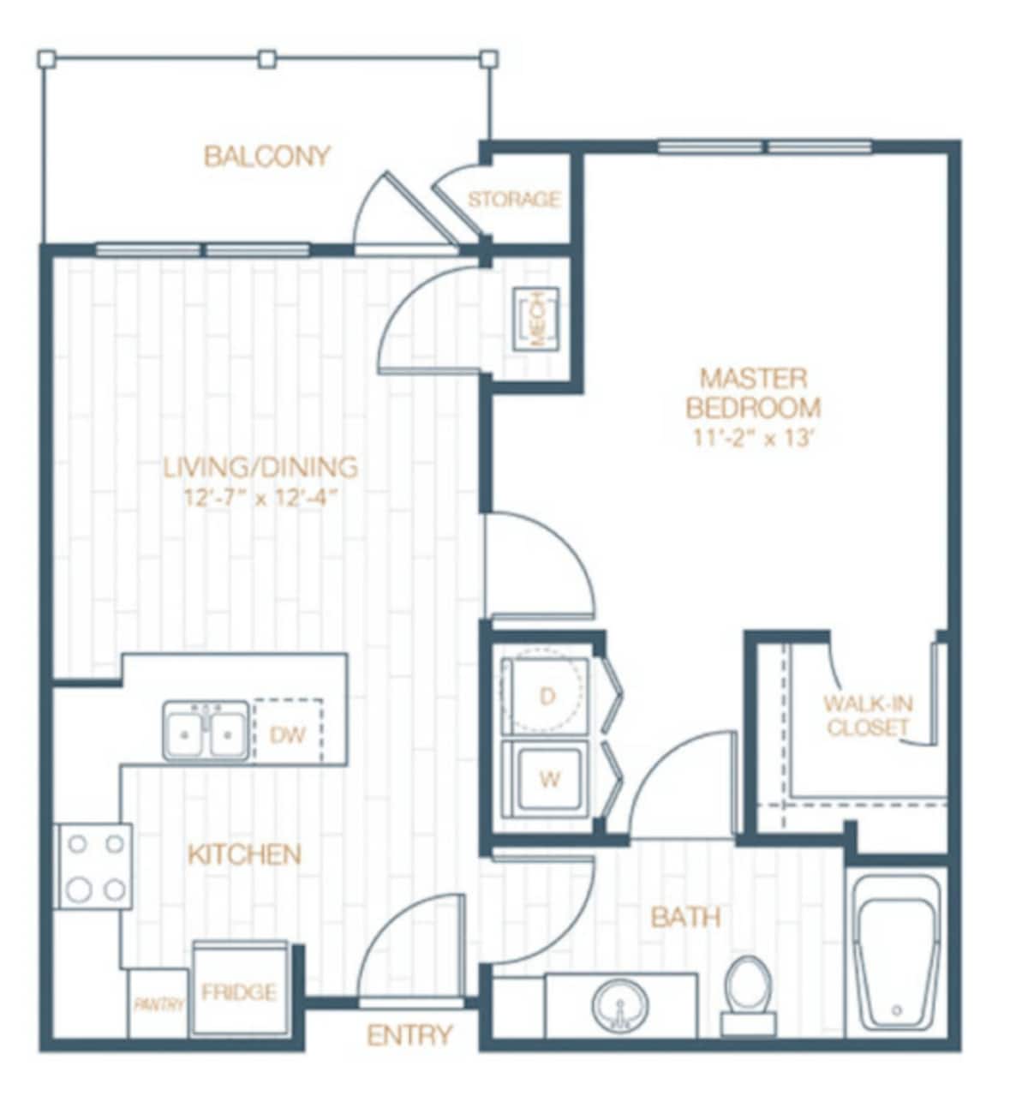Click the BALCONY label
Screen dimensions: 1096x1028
tap(266, 157)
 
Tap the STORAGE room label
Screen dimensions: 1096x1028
tap(514, 200)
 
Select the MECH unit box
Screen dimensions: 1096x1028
tap(536, 319)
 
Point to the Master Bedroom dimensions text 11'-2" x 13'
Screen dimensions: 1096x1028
tap(753, 438)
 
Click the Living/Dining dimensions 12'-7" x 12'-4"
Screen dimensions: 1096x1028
tap(258, 497)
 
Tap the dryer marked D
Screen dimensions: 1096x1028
tap(547, 696)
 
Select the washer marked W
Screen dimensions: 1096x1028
tap(548, 780)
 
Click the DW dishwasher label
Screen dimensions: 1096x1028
tap(288, 734)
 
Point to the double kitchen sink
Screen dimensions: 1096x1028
tap(206, 731)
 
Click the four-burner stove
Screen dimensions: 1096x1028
tap(94, 866)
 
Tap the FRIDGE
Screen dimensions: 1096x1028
tap(239, 991)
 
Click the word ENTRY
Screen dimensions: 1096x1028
tap(409, 1035)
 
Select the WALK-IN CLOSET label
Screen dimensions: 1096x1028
tap(868, 716)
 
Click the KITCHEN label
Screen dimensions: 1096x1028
tap(244, 854)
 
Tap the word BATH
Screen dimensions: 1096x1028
tap(685, 917)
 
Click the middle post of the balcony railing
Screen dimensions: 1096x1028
tap(267, 59)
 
